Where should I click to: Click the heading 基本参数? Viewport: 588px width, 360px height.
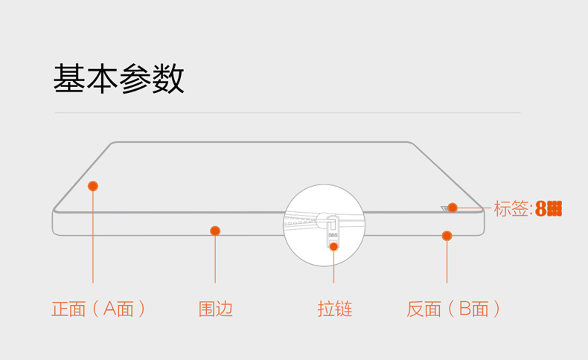[x=118, y=79]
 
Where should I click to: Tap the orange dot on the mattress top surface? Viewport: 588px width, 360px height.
[x=93, y=186]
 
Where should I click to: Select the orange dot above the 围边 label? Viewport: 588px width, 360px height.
[x=215, y=231]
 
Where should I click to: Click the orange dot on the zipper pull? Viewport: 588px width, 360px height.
[x=333, y=246]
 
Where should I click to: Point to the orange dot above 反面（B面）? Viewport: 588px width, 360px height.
[x=447, y=236]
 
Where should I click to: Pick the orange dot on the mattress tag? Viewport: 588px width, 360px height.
[x=453, y=208]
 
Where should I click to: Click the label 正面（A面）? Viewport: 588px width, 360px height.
[x=98, y=309]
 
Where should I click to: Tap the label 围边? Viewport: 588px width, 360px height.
[x=215, y=309]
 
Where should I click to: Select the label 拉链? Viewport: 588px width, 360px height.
[x=334, y=309]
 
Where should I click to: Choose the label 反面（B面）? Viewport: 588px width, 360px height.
[x=453, y=309]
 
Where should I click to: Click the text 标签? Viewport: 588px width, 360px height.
[x=513, y=209]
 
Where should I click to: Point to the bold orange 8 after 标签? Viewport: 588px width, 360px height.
[x=541, y=209]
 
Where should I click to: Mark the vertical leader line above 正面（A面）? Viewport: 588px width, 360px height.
[x=93, y=238]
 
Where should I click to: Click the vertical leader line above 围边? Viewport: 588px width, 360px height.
[x=215, y=260]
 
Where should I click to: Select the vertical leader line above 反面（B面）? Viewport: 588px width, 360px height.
[x=447, y=262]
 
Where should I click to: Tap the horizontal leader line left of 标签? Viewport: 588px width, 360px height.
[x=474, y=208]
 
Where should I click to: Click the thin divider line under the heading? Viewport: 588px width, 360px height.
[x=287, y=113]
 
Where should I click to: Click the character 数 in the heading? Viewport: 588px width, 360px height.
[x=169, y=79]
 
